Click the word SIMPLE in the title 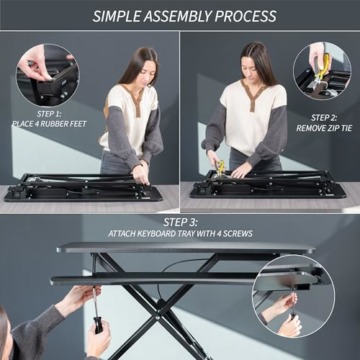pos(119,16)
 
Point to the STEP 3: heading pos(180,222)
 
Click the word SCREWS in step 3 pos(240,234)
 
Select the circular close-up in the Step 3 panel pos(290,295)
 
